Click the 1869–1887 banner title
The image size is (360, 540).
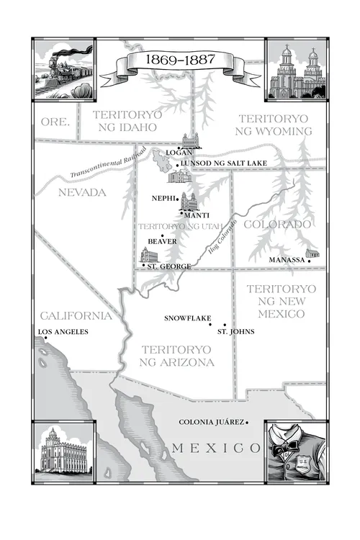click(x=181, y=58)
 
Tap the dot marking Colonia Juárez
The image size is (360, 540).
click(x=247, y=423)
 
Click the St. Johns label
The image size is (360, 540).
click(x=235, y=331)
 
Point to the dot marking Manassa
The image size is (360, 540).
click(x=308, y=260)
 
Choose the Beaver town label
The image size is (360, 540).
click(x=161, y=241)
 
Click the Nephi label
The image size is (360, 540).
click(x=163, y=197)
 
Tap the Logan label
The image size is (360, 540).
click(x=177, y=153)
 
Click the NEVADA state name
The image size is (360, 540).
click(x=81, y=192)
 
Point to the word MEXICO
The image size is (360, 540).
click(x=216, y=449)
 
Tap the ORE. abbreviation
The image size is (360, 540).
click(x=55, y=122)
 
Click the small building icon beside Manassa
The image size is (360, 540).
click(x=312, y=253)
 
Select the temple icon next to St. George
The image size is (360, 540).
click(x=148, y=256)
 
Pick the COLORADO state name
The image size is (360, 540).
click(x=277, y=225)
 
